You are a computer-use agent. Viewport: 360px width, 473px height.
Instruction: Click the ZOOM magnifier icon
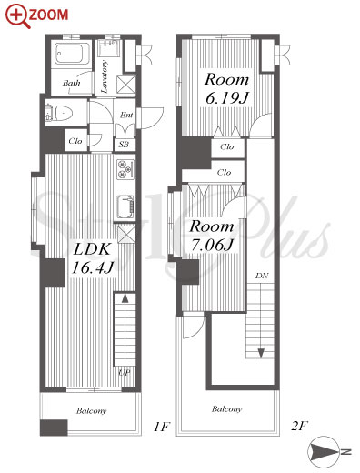[17, 16]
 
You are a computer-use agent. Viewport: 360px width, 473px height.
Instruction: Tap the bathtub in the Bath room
[72, 54]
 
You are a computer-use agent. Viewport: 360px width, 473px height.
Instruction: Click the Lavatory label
[104, 76]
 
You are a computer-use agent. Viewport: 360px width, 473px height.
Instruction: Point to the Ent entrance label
[126, 115]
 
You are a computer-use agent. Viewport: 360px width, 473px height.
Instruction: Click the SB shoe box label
[124, 145]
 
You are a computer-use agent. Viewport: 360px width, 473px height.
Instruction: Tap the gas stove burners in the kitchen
[125, 168]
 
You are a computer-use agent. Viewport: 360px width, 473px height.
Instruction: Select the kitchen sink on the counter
[125, 206]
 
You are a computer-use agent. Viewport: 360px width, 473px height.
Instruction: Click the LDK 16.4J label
[92, 258]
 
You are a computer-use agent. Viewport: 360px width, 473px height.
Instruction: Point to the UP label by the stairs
[125, 372]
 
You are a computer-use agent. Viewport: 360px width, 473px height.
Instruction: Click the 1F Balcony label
[91, 411]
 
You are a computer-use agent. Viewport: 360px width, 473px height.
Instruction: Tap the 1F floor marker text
[161, 427]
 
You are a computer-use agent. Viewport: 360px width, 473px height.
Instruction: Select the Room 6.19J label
[226, 88]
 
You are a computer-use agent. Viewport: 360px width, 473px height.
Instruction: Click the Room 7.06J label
[212, 236]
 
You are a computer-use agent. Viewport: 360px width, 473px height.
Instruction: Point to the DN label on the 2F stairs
[262, 276]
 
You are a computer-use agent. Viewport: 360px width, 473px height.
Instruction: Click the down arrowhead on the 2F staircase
[261, 353]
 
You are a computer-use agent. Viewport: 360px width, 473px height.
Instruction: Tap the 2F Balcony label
[226, 409]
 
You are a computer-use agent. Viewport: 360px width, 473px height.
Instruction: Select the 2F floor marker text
[299, 427]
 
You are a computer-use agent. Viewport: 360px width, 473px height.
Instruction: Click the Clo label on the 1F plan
[75, 141]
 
